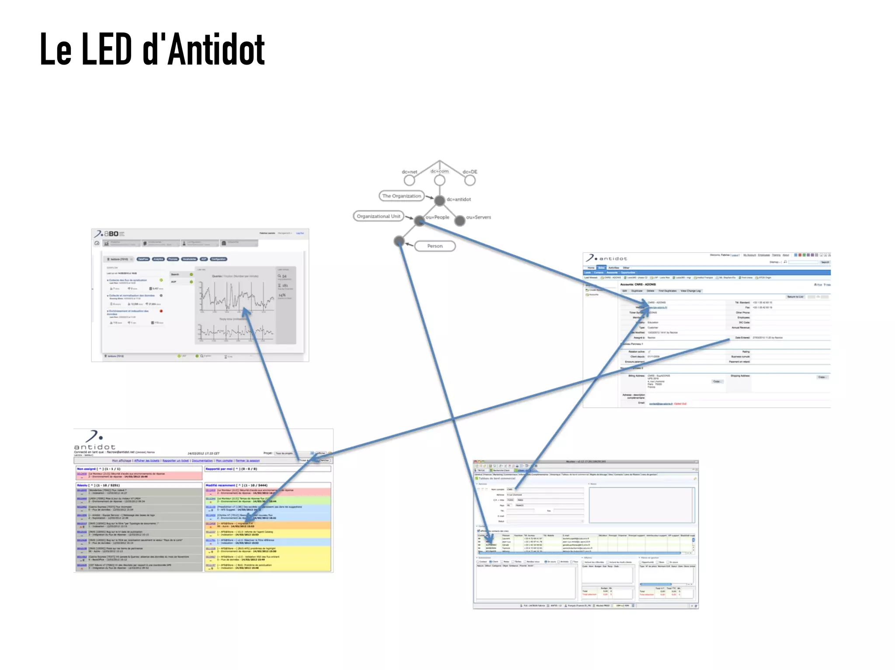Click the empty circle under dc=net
coord(409,180)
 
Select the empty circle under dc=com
coord(440,180)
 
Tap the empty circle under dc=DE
coord(470,180)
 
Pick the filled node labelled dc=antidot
coord(440,200)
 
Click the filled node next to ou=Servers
coord(460,221)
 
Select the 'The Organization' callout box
coord(402,196)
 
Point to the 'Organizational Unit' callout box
coord(378,216)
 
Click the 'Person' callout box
coord(435,246)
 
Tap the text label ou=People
coord(437,217)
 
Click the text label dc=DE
coord(470,172)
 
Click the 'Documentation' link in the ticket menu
coord(202,460)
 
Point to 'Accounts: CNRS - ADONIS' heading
coord(638,284)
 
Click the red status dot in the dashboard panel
coord(161,311)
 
